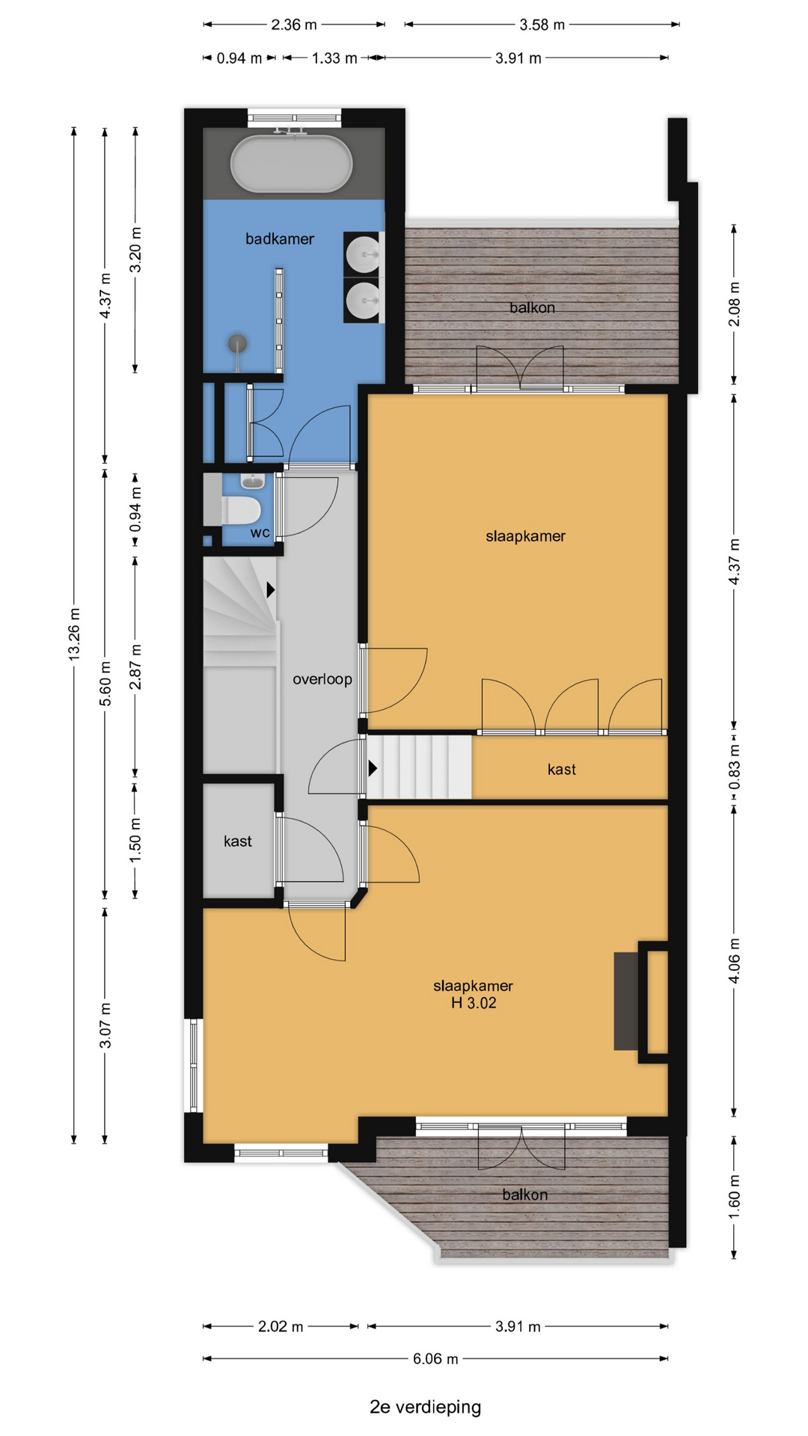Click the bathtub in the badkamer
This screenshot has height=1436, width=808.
pos(291,164)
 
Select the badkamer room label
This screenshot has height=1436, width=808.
pos(280,239)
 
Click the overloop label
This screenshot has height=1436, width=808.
pos(322,679)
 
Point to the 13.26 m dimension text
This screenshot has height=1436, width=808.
pos(74,633)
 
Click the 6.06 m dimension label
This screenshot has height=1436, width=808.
pos(435,1358)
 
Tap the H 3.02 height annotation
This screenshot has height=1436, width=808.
pos(474,1003)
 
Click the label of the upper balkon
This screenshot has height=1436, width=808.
pos(532,307)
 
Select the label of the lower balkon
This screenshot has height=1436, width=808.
pos(524,1194)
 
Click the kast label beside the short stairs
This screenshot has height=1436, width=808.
pos(562,770)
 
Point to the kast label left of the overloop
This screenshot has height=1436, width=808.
pos(238,841)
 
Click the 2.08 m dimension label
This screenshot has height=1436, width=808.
pos(734,304)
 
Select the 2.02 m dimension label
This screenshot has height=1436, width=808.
pos(281,1326)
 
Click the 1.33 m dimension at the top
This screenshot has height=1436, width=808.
pos(334,58)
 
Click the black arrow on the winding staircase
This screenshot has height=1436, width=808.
pos(271,589)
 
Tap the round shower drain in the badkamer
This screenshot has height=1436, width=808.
pos(238,343)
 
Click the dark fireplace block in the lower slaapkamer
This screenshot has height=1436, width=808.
pos(626,1001)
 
